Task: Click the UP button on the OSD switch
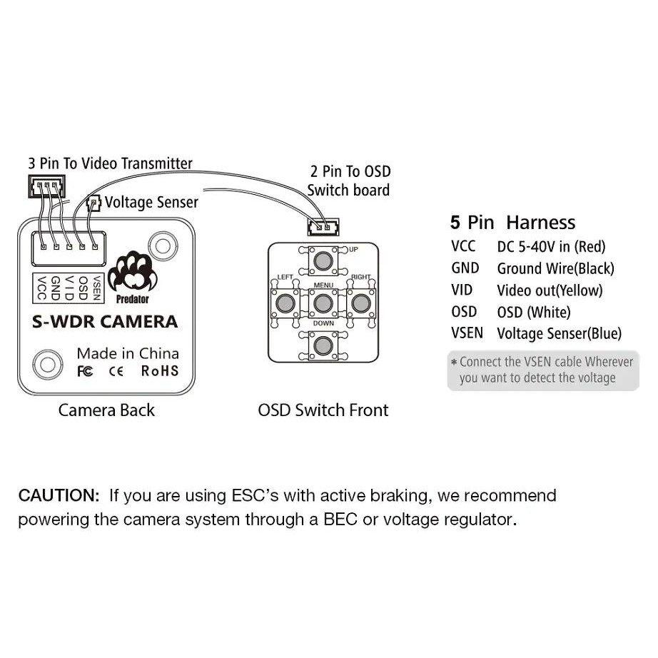324,259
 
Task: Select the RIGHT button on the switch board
360,303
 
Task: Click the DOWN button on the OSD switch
324,346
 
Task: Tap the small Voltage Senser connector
92,203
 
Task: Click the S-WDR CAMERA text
105,322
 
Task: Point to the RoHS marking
160,370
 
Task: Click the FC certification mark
84,371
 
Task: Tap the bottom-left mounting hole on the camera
48,364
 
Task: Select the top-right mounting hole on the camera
163,247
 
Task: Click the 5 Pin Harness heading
512,223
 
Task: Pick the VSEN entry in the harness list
467,333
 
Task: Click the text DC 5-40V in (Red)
551,247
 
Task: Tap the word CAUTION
59,495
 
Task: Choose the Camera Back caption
106,410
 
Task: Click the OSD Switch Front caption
323,410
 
